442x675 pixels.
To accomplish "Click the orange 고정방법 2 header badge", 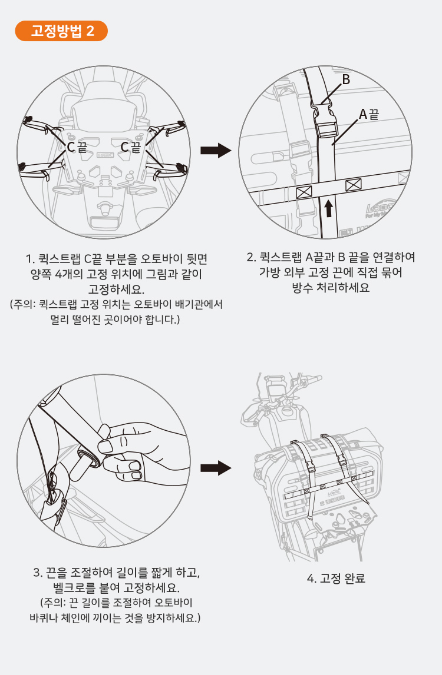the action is tap(61, 31).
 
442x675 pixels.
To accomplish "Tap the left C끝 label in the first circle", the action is tap(77, 147).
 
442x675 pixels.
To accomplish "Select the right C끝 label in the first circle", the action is tap(131, 147).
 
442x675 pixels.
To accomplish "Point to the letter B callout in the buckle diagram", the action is tap(346, 79).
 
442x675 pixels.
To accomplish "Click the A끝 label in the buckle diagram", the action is tap(369, 114).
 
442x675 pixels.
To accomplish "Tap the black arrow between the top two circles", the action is tap(216, 150).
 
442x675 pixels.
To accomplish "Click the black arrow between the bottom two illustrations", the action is tap(216, 467).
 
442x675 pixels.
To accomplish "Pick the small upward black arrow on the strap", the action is tap(329, 208).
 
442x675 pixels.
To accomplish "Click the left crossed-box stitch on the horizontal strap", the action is tap(304, 192).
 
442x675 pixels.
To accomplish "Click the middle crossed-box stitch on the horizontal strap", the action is tap(354, 185).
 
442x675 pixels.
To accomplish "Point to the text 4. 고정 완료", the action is tap(336, 578).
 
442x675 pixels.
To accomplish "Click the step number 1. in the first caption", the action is tap(29, 259).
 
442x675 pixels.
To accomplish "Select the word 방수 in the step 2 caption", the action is tap(302, 288).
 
